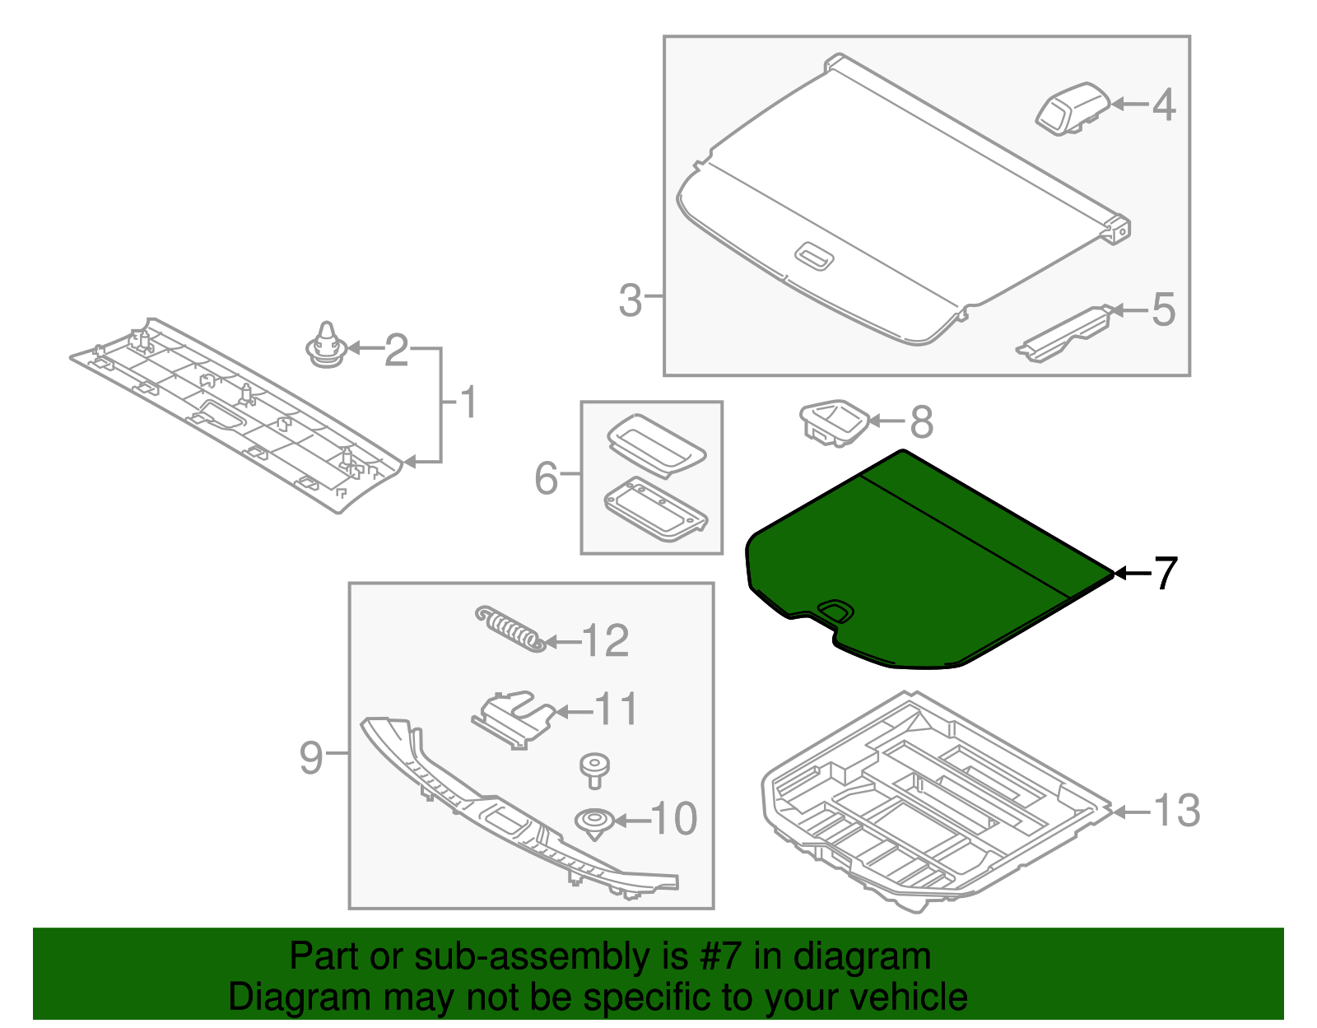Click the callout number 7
click(x=1166, y=574)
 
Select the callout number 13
click(x=1177, y=811)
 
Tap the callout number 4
click(x=1164, y=105)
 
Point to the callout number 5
click(x=1163, y=309)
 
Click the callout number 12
click(x=605, y=641)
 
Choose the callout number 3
click(x=630, y=300)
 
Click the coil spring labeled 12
click(x=510, y=630)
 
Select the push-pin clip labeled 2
click(x=328, y=347)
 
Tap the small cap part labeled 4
click(x=1073, y=108)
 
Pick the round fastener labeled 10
click(x=593, y=822)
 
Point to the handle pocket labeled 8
click(x=832, y=423)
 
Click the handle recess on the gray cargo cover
click(x=815, y=256)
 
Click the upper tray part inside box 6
click(x=656, y=444)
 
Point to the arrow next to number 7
click(x=1132, y=574)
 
